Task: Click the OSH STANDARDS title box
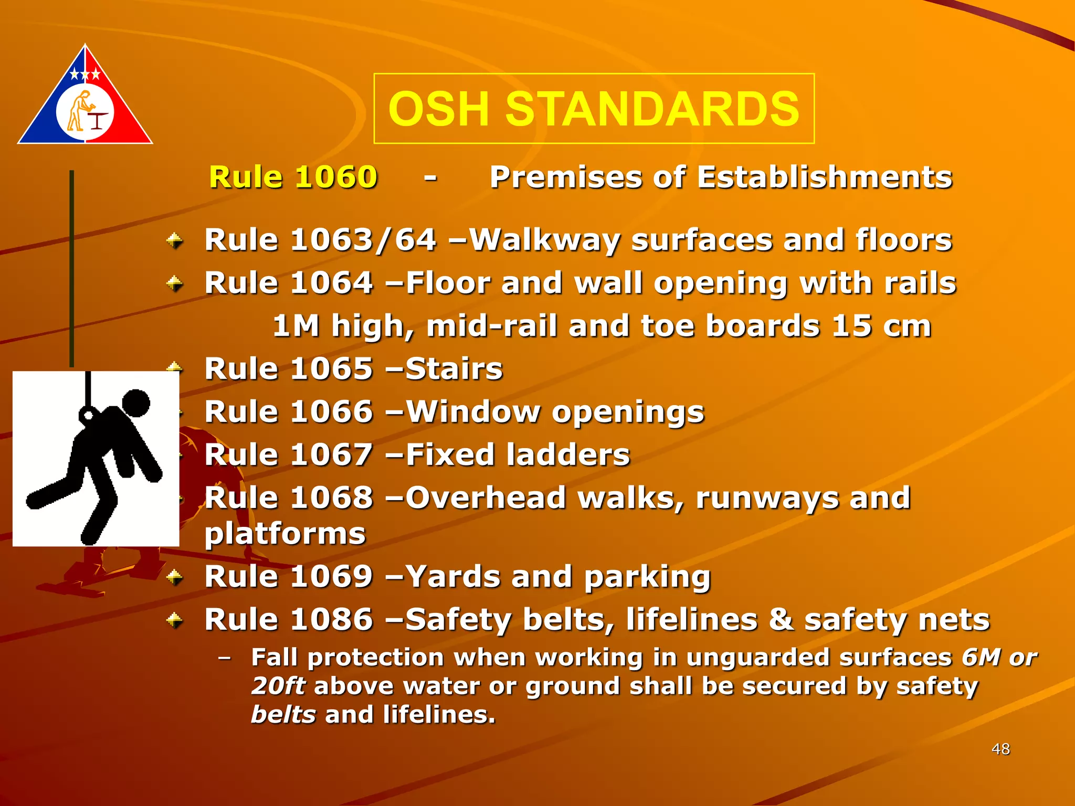[x=594, y=109]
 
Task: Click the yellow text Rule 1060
[x=293, y=177]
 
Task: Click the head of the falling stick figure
[x=136, y=403]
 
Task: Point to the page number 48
[x=1000, y=749]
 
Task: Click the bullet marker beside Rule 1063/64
[x=175, y=241]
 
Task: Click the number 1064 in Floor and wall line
[x=331, y=283]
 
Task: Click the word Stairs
[x=454, y=369]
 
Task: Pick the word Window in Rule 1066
[x=473, y=411]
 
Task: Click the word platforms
[x=284, y=534]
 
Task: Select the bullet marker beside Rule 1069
[x=175, y=578]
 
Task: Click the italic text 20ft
[x=278, y=686]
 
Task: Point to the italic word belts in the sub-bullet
[x=283, y=715]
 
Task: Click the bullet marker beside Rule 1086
[x=175, y=621]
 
